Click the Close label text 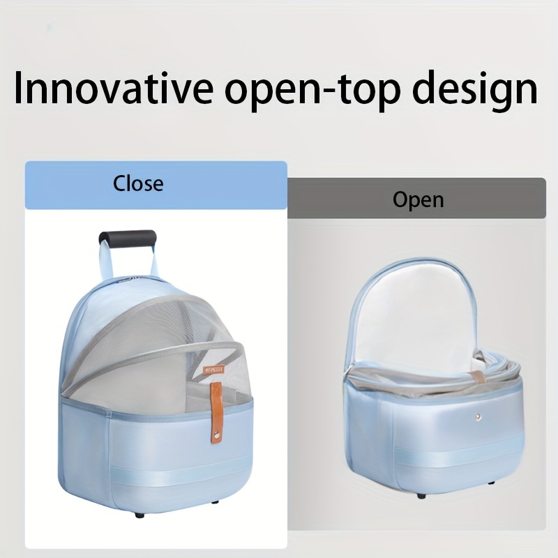pyautogui.click(x=138, y=183)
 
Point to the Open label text pyautogui.click(x=418, y=200)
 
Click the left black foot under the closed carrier pyautogui.click(x=140, y=515)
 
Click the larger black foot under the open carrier pyautogui.click(x=421, y=496)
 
